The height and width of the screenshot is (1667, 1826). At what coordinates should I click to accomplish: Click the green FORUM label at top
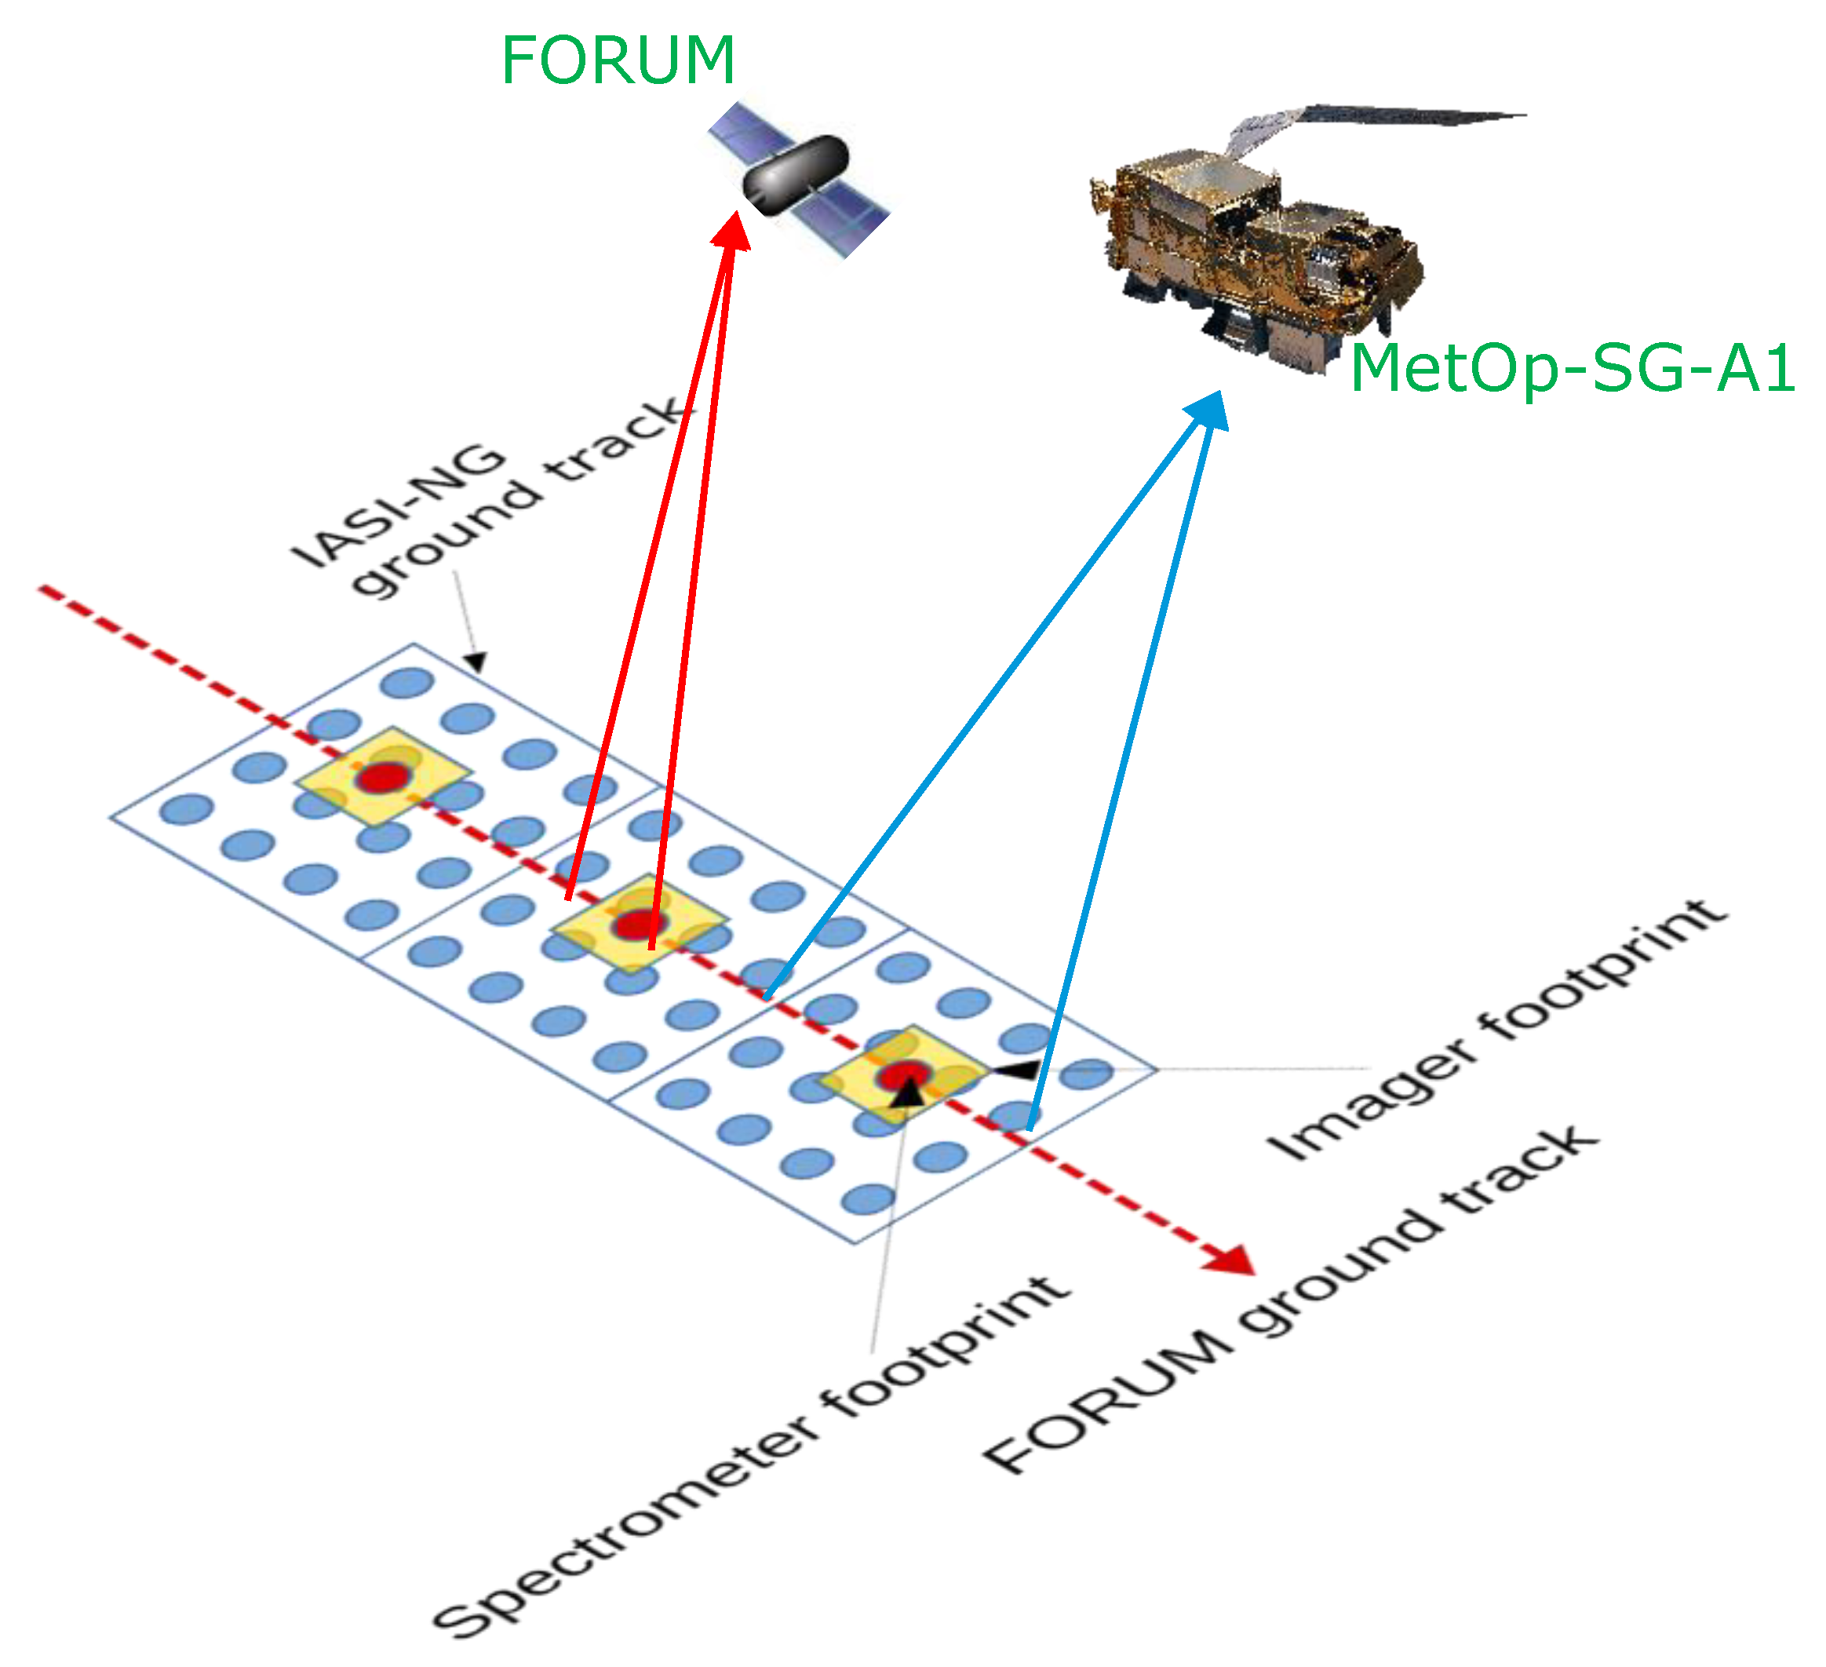click(618, 61)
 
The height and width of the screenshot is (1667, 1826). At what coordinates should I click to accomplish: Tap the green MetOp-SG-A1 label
click(1573, 370)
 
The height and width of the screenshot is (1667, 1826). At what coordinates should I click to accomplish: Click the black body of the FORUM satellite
click(794, 176)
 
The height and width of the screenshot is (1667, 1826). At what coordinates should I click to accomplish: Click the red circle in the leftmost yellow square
click(384, 777)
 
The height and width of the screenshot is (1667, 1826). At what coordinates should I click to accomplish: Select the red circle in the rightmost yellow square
click(904, 1074)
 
